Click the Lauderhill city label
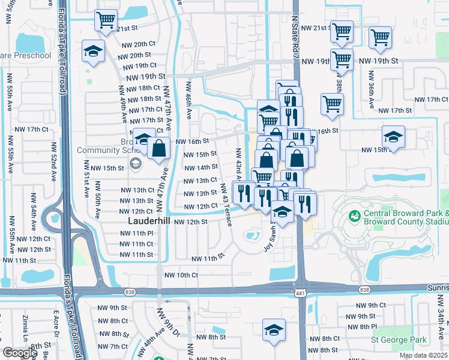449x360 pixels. tap(149, 221)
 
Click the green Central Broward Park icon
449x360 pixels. tap(355, 214)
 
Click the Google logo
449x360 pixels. tap(20, 353)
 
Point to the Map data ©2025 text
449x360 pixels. tap(423, 355)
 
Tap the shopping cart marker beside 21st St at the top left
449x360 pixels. tap(106, 20)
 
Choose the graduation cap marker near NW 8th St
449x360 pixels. tap(274, 329)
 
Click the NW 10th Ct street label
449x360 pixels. tap(181, 275)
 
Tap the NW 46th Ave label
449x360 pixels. tap(188, 99)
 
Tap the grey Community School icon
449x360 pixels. tap(136, 163)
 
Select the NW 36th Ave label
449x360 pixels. tap(372, 90)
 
